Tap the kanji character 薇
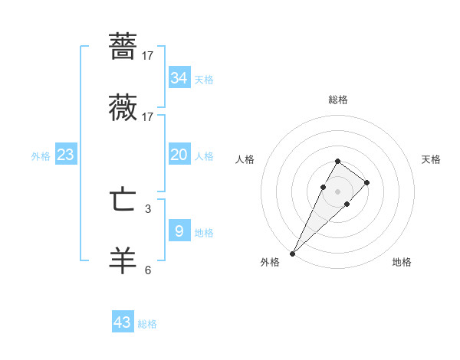pos(123,108)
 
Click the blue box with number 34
pos(179,78)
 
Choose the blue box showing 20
pos(179,155)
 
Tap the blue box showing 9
pos(179,231)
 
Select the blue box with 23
pos(65,155)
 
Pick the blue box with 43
pos(123,322)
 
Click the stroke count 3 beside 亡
pos(148,208)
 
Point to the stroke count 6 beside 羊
pos(148,270)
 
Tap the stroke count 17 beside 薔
pos(148,56)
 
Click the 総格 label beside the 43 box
pos(147,324)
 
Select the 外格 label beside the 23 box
pos(41,156)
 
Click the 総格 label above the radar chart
pos(338,100)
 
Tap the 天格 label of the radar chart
pos(432,159)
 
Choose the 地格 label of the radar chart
pos(402,262)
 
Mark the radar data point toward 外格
pos(293,253)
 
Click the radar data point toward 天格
pos(367,182)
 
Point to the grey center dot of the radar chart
pos(337,191)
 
